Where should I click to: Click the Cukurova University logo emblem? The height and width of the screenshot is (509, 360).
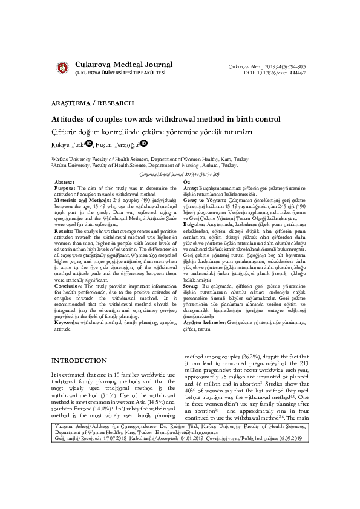62,67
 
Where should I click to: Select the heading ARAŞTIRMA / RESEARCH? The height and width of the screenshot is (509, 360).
83,103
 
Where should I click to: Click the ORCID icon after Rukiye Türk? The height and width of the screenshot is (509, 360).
89,144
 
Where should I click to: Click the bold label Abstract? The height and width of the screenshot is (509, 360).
65,182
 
